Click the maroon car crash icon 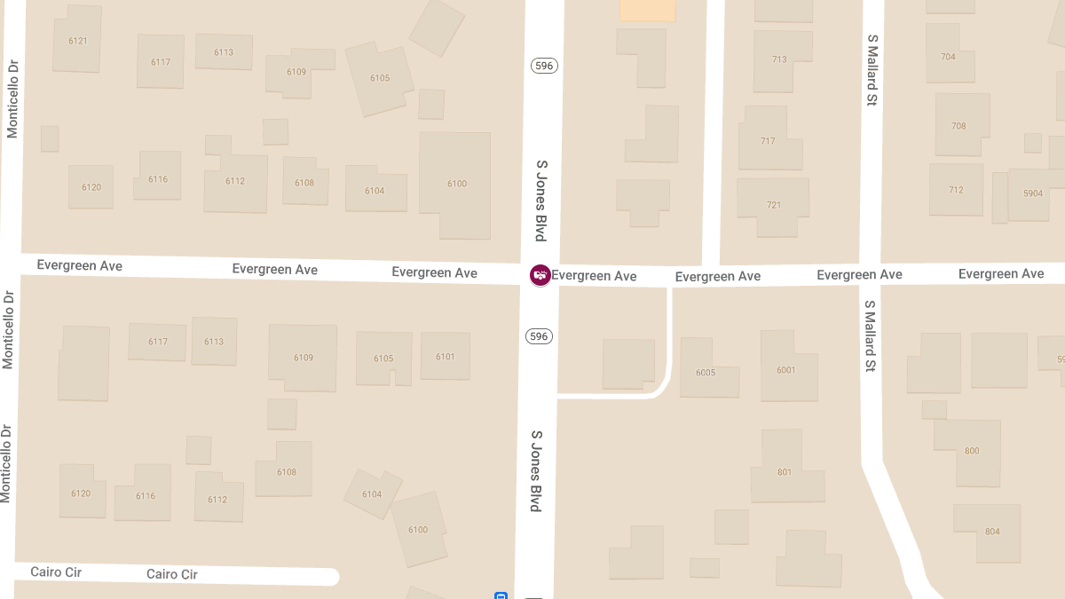(540, 275)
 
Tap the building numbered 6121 (77, 41)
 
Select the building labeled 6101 (445, 357)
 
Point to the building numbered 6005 (706, 372)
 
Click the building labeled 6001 (786, 369)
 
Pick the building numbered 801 (784, 471)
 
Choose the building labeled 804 (991, 532)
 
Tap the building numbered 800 (971, 451)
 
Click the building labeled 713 (779, 59)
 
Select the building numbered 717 (768, 141)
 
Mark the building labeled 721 (773, 205)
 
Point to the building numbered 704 (947, 56)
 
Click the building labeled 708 (958, 126)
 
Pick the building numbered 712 (955, 190)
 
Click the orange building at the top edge (647, 10)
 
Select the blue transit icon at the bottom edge (501, 595)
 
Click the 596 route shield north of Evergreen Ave (544, 66)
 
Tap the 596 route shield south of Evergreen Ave (539, 336)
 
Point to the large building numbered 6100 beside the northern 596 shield (455, 184)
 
